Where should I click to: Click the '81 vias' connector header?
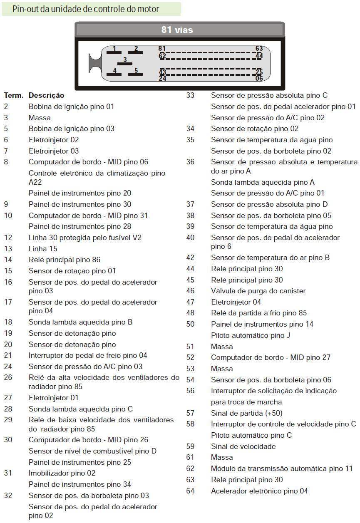click(x=177, y=30)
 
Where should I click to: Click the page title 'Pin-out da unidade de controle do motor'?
click(x=86, y=9)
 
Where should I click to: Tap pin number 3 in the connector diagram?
click(x=124, y=60)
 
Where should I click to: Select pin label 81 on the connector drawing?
click(x=162, y=49)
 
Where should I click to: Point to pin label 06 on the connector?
click(x=259, y=78)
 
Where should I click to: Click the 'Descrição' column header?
click(x=46, y=96)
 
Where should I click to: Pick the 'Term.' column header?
click(x=14, y=96)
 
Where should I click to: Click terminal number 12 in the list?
click(x=8, y=238)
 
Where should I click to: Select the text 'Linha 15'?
click(x=43, y=249)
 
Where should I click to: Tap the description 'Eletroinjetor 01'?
click(x=53, y=398)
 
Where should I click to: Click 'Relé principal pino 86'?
click(x=64, y=260)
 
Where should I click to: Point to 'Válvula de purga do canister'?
click(x=258, y=291)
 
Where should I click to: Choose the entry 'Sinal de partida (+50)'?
click(x=247, y=413)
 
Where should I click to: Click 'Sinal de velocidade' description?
click(x=243, y=446)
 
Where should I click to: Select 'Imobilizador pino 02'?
click(x=62, y=473)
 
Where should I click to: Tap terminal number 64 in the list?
click(x=190, y=491)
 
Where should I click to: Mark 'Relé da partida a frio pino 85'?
click(x=259, y=313)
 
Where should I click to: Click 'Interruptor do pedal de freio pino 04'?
click(x=88, y=355)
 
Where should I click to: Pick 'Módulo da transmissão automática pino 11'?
click(x=281, y=468)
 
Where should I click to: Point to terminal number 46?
click(x=190, y=291)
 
